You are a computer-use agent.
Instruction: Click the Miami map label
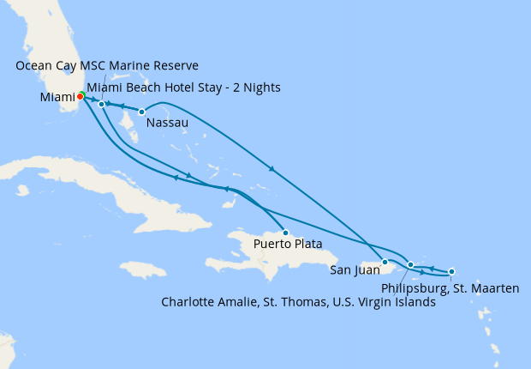57,98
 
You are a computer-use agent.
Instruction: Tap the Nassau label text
167,124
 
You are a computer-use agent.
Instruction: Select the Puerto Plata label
288,244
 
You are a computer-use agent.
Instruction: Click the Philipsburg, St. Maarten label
450,288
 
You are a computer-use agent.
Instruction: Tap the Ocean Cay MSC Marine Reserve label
107,66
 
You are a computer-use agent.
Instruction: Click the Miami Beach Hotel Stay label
183,88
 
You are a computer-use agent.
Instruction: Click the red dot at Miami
80,96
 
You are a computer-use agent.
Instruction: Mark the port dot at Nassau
141,112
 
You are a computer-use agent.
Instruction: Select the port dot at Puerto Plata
285,233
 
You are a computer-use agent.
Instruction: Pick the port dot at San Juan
385,262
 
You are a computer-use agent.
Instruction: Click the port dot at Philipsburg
451,271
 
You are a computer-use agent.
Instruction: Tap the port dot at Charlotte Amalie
411,265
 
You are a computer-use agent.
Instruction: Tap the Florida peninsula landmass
51,51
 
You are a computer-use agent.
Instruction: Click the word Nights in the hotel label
261,88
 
